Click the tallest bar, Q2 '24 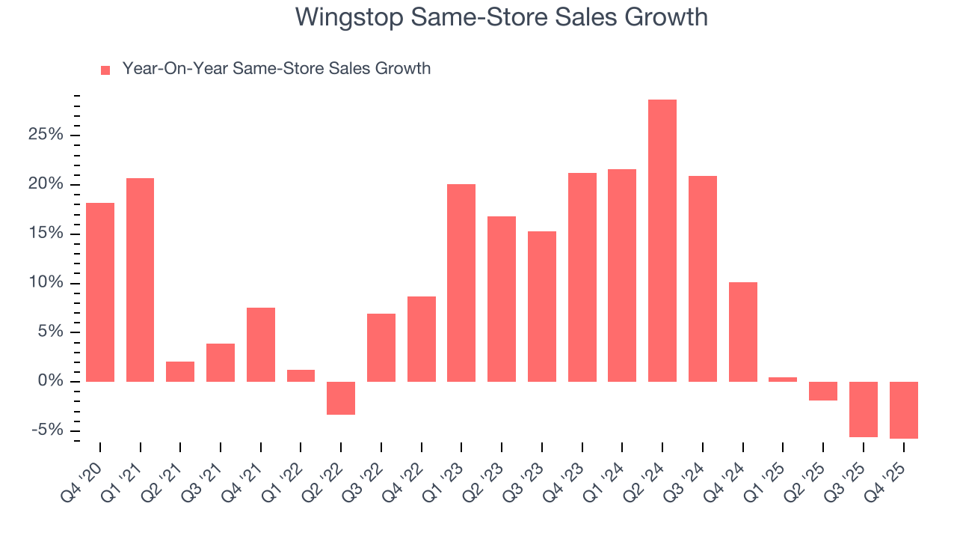pos(662,240)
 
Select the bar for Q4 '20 pos(100,292)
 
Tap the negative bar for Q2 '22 pos(341,398)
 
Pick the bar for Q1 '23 pos(461,283)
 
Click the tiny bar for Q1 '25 pos(783,380)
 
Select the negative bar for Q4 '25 pos(903,409)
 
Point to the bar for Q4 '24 pos(742,332)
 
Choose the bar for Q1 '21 pos(140,279)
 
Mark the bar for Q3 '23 pos(541,306)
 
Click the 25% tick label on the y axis pos(45,135)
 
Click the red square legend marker pos(105,70)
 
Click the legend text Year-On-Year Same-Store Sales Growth pos(276,69)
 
